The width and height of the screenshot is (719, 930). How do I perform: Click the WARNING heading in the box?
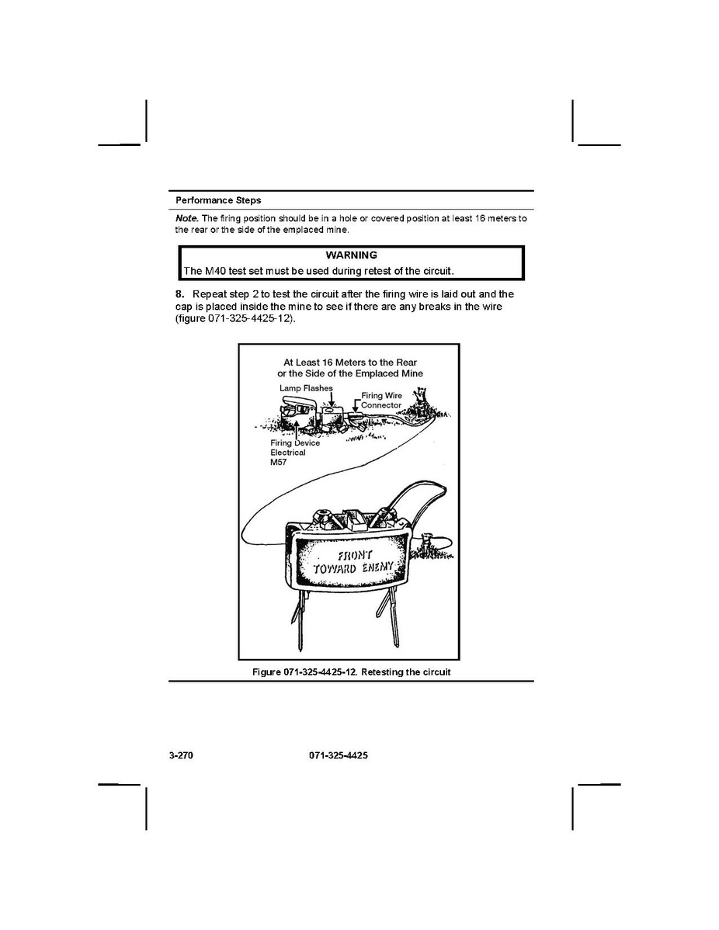(x=351, y=255)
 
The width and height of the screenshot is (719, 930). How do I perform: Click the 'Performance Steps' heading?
(x=218, y=200)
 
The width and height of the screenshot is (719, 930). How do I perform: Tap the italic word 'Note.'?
(x=187, y=218)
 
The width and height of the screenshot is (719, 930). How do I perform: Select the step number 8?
(x=180, y=294)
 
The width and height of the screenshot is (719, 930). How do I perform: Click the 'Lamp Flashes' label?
(x=306, y=388)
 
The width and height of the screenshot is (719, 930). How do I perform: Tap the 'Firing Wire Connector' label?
(x=381, y=401)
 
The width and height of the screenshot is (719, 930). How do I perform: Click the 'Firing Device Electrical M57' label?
(x=295, y=453)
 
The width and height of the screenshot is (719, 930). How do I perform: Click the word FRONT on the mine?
(x=355, y=556)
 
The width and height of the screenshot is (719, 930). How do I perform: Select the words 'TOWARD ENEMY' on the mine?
(x=353, y=568)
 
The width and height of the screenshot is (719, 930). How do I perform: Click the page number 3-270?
(x=181, y=755)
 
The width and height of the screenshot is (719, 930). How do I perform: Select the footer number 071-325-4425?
(x=338, y=755)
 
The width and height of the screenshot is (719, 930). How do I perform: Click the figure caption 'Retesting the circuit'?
(x=406, y=672)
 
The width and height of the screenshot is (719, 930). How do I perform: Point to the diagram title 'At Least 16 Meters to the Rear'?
(x=350, y=363)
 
